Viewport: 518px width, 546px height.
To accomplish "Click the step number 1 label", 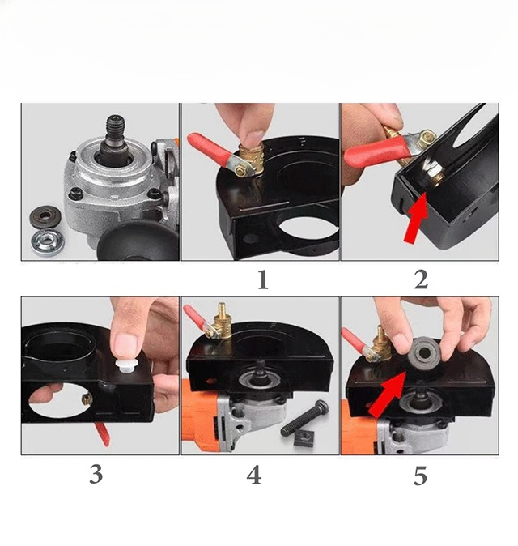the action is coord(263,280).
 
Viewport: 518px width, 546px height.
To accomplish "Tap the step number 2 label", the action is coord(421,279).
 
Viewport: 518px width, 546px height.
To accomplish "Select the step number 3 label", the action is coord(96,474).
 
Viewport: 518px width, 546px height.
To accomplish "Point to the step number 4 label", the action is coord(254,476).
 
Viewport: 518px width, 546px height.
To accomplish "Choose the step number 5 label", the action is coord(420,476).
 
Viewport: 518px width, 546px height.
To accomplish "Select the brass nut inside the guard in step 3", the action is coord(87,399).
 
